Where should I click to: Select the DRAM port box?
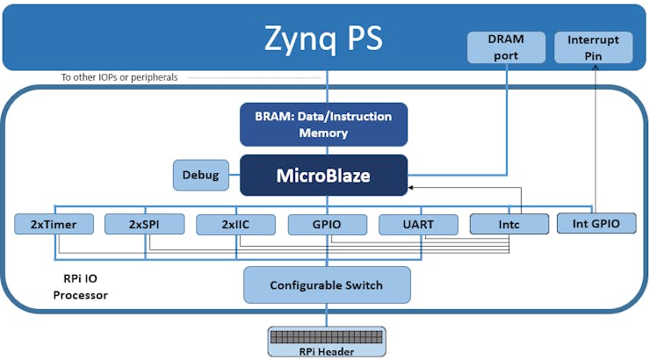pos(505,47)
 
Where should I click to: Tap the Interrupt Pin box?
pos(593,47)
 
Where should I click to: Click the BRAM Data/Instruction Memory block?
pos(323,125)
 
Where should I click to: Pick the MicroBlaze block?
pos(323,176)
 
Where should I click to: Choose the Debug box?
pos(200,175)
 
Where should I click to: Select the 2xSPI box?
pos(144,224)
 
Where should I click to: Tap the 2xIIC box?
pos(235,225)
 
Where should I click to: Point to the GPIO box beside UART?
pos(327,225)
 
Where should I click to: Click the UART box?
pos(418,225)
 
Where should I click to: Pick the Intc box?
pos(509,225)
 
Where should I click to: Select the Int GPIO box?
pos(596,224)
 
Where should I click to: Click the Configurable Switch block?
pos(327,285)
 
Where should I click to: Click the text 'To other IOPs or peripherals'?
pos(119,77)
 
